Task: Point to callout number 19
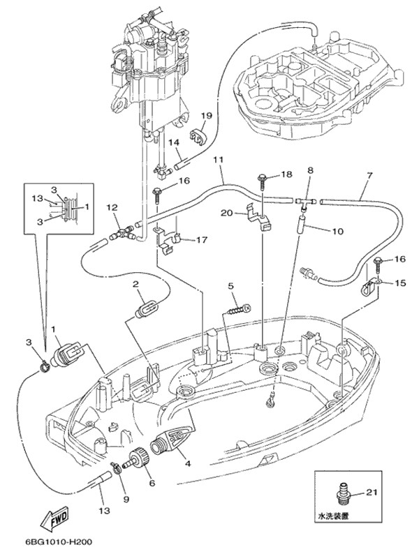207,115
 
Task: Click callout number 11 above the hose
219,160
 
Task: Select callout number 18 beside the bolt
286,174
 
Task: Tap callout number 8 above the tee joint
310,170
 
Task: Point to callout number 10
337,230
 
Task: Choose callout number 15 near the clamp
399,283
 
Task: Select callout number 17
201,241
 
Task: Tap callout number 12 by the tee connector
111,207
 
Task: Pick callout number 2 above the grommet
137,284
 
